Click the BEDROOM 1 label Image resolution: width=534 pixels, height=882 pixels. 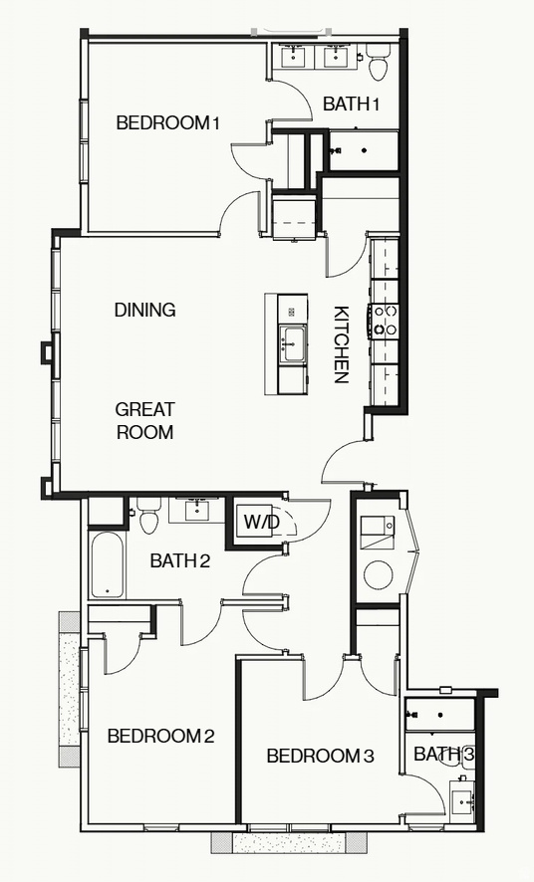[167, 123]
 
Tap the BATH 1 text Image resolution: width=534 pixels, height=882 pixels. [352, 104]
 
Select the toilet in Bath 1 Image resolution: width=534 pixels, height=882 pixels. [379, 64]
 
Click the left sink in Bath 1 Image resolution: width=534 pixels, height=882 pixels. [297, 57]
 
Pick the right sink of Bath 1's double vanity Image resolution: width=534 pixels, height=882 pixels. [335, 57]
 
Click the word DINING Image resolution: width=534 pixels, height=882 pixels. [145, 311]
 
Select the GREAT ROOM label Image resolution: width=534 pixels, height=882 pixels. [145, 421]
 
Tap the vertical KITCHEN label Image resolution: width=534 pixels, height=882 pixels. [340, 344]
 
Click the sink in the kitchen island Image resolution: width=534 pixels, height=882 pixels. [292, 344]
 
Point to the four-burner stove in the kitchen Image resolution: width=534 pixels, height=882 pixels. [385, 322]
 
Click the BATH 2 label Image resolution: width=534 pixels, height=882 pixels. [179, 561]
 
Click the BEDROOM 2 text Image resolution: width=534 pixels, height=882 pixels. [160, 737]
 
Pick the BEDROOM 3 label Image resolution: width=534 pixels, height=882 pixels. [320, 757]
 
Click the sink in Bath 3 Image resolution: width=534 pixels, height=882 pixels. [461, 800]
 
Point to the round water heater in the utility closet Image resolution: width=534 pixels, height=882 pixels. [379, 574]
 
